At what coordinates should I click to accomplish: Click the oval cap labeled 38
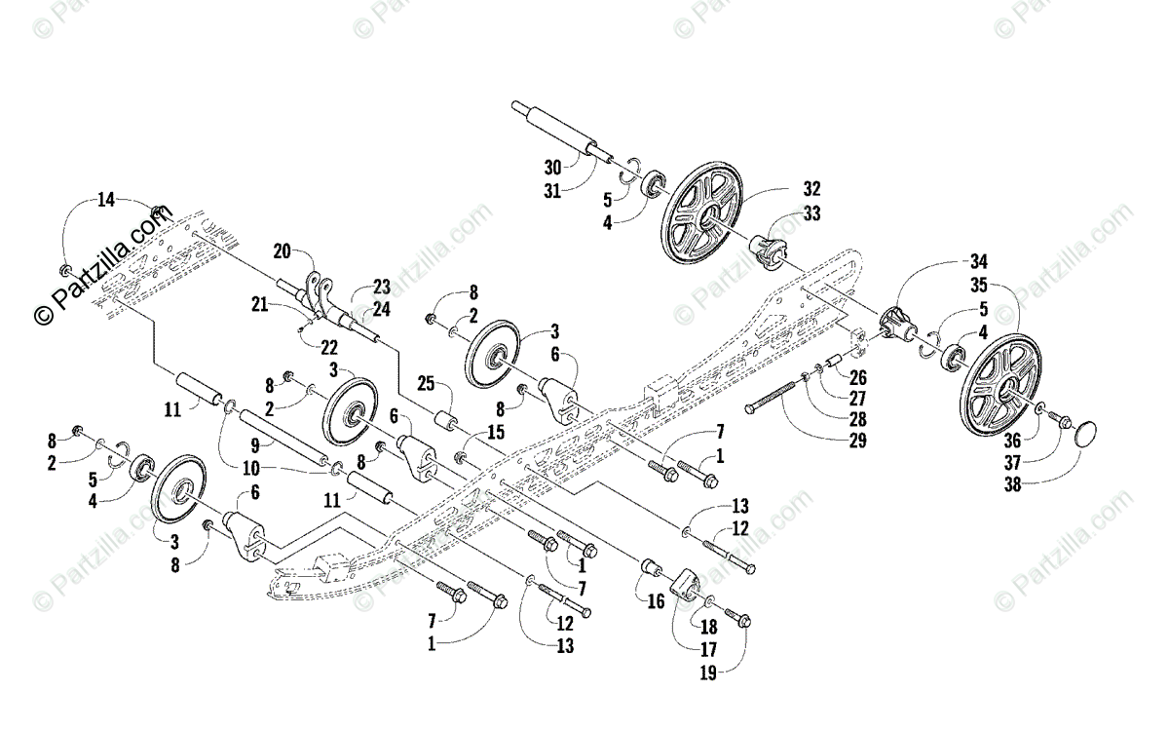click(x=1090, y=432)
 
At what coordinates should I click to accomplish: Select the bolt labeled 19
click(x=740, y=618)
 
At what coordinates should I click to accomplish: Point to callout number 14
click(x=105, y=200)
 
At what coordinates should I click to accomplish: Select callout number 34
click(x=979, y=262)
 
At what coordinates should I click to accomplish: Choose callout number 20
click(x=282, y=250)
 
